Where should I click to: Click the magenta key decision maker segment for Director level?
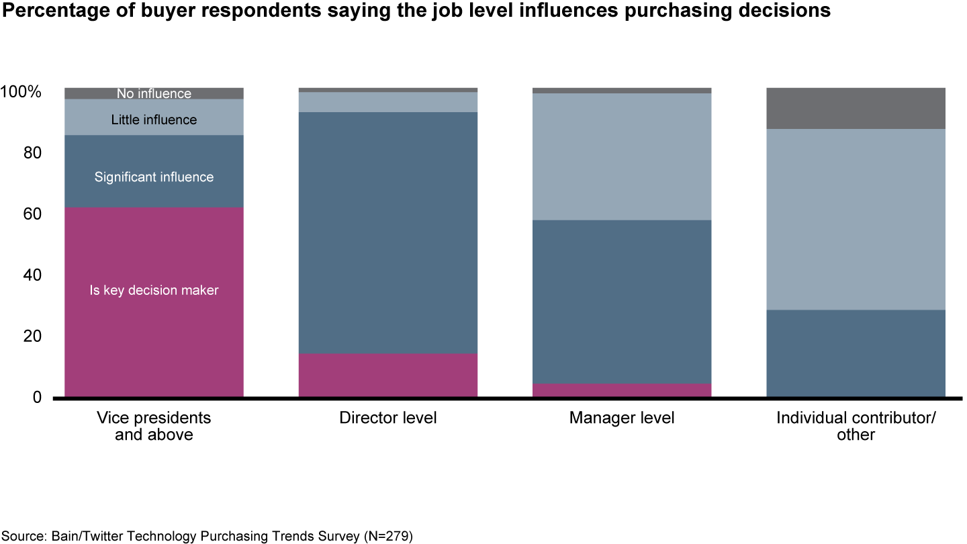(387, 375)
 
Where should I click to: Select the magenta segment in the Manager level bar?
(621, 390)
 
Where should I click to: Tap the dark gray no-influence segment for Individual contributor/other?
(856, 108)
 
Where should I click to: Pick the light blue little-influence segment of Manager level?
(621, 156)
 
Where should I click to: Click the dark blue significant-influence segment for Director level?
(387, 232)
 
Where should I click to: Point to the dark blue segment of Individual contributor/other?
(856, 353)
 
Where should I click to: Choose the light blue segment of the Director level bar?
(387, 102)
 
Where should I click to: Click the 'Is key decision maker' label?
(154, 291)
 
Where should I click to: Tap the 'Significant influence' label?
(154, 177)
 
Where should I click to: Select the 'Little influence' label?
(154, 120)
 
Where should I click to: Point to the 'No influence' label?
(154, 94)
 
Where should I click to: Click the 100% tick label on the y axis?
(21, 92)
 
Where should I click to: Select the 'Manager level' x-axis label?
(621, 418)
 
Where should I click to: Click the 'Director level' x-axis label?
(387, 418)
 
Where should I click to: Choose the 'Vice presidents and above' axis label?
(154, 426)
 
